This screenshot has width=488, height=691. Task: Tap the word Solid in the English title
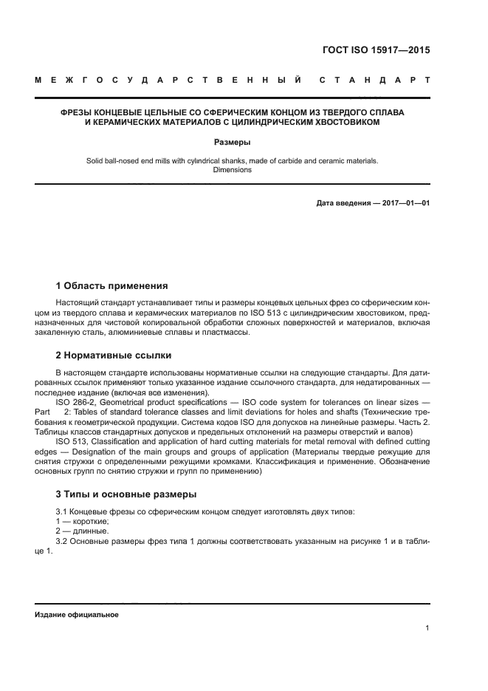96,160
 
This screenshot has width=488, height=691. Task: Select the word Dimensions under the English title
232,169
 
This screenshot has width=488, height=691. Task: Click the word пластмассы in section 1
229,332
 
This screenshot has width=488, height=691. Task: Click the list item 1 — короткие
82,521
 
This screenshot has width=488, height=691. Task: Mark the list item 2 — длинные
81,531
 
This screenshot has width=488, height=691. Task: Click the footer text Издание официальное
76,614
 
